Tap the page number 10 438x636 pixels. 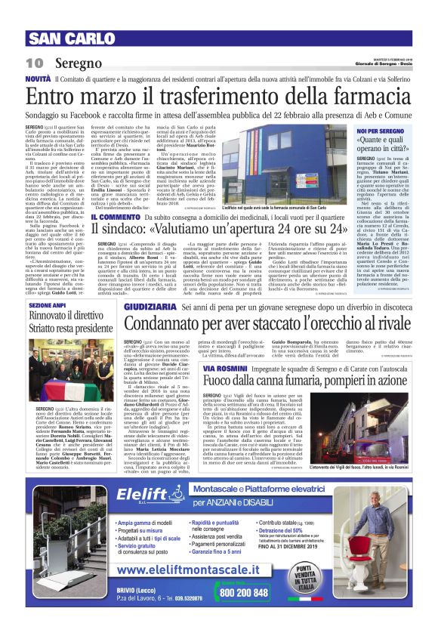[35, 63]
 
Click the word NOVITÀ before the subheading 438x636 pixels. [39, 79]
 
